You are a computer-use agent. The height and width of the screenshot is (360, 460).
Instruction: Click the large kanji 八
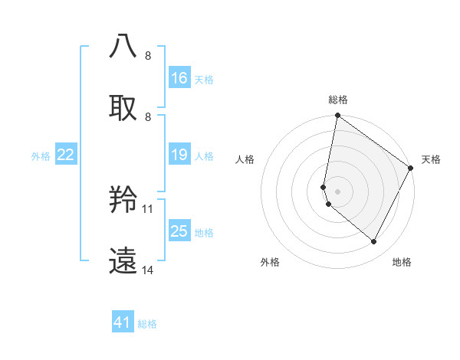click(123, 46)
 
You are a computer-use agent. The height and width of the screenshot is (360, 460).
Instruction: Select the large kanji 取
click(123, 107)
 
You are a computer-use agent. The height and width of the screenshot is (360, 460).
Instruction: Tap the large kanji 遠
click(123, 261)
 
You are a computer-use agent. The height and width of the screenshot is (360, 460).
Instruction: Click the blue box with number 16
click(179, 78)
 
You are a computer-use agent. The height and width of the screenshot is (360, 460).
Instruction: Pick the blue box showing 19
click(179, 155)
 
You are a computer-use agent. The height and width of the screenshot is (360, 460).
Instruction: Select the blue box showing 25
click(179, 231)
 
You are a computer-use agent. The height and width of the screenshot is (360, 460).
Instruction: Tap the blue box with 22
click(66, 155)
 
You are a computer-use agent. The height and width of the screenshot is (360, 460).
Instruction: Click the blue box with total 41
click(123, 322)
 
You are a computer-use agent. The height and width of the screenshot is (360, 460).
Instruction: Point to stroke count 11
click(148, 208)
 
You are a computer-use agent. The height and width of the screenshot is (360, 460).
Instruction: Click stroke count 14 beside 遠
click(148, 270)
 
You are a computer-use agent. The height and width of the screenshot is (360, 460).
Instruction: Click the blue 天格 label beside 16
click(204, 79)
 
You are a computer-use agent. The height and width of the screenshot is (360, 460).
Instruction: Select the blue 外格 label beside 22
click(41, 156)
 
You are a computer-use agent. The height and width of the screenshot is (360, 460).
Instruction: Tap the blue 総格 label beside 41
click(147, 324)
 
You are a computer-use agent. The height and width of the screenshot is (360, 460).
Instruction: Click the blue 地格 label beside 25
click(204, 232)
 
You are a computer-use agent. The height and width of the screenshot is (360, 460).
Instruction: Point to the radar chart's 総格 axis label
click(338, 100)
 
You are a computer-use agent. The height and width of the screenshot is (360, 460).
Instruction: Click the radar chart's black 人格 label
click(245, 159)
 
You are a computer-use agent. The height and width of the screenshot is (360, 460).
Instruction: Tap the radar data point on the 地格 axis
click(374, 242)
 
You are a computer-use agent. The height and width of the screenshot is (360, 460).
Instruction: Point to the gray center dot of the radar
click(338, 191)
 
